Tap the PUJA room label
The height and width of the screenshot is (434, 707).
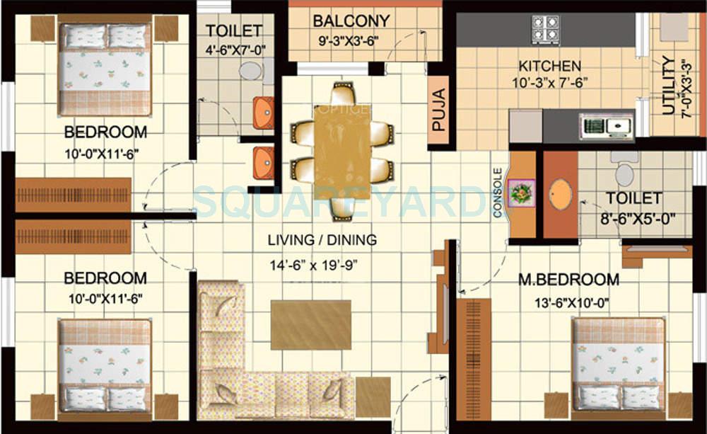click(x=439, y=110)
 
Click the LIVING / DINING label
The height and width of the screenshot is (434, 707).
click(x=322, y=240)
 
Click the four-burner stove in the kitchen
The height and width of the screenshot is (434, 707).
click(x=545, y=30)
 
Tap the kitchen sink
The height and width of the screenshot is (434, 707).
click(x=606, y=126)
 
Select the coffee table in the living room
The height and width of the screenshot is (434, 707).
click(x=311, y=324)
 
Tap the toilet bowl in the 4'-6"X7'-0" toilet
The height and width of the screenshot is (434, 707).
click(x=249, y=70)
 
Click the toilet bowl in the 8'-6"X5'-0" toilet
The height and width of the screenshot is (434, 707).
click(x=625, y=173)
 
